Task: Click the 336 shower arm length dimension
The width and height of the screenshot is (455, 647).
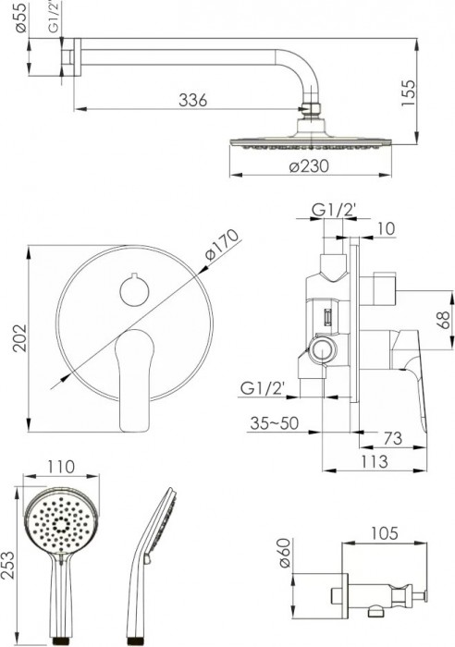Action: tap(192, 99)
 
